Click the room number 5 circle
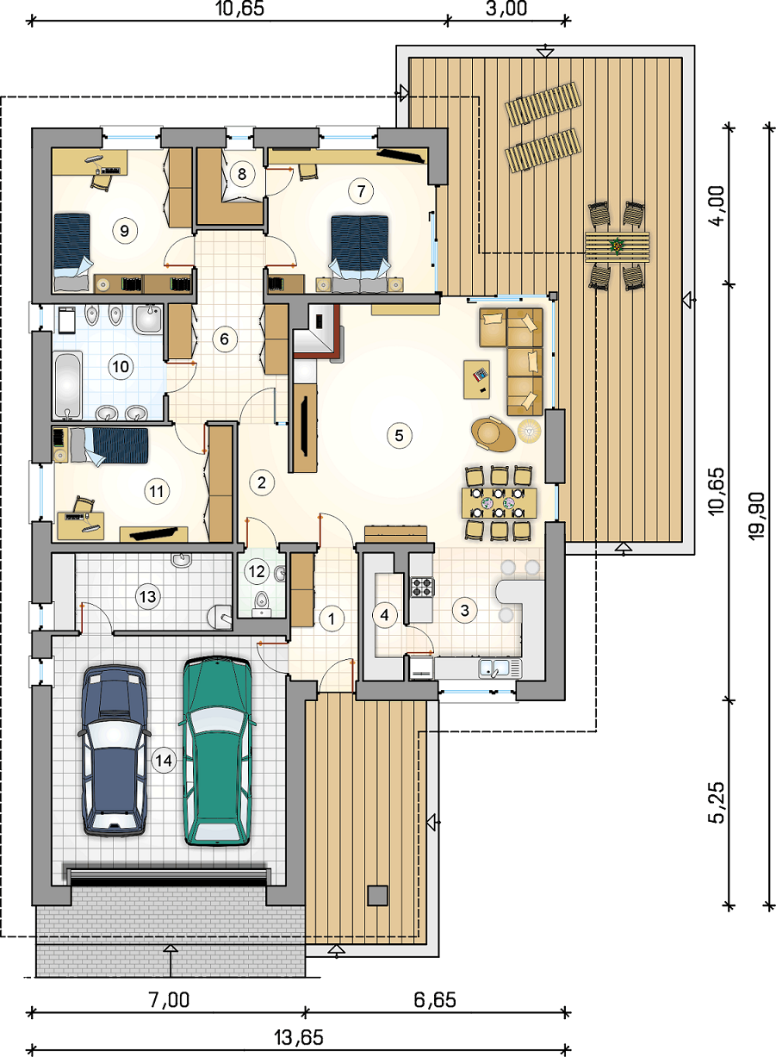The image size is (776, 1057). click(x=399, y=435)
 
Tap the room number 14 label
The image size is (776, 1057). click(x=164, y=760)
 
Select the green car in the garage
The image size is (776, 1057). click(x=217, y=750)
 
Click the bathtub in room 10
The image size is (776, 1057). click(x=68, y=385)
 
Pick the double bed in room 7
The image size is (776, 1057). click(x=360, y=254)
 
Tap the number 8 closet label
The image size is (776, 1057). click(x=242, y=174)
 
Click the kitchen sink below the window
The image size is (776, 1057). click(x=500, y=668)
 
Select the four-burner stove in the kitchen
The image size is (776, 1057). click(x=422, y=587)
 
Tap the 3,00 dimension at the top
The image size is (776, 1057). click(x=506, y=9)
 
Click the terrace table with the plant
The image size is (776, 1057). click(x=617, y=246)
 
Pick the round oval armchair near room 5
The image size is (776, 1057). click(x=493, y=433)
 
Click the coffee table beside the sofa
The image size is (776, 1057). click(x=476, y=379)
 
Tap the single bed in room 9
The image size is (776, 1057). click(x=71, y=252)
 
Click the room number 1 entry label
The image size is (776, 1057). click(x=332, y=619)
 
